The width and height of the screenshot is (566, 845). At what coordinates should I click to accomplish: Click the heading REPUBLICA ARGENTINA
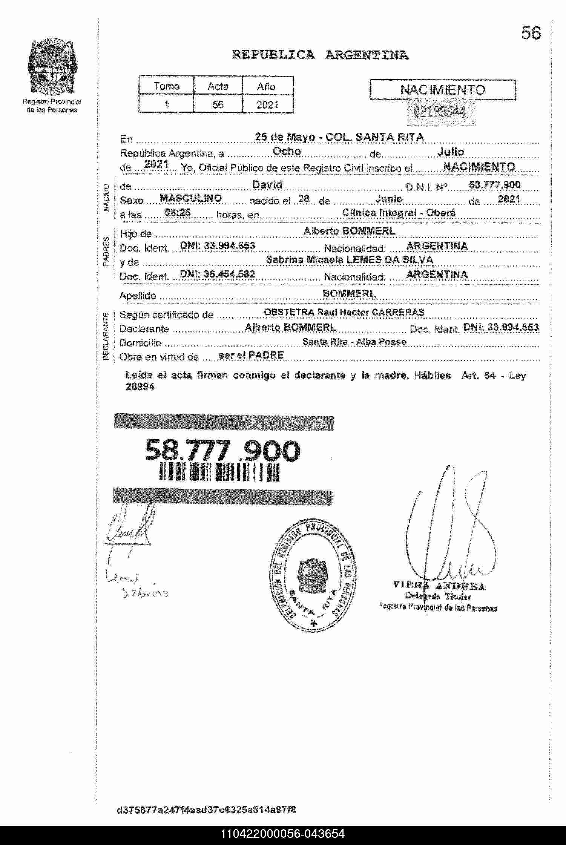click(x=320, y=55)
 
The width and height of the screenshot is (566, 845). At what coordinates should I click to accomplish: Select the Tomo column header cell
click(x=166, y=86)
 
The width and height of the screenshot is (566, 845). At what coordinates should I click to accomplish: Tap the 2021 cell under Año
click(x=267, y=104)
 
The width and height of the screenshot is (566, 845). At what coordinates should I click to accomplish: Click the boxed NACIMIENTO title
click(x=442, y=90)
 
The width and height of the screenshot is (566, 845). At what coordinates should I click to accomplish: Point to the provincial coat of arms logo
click(x=52, y=67)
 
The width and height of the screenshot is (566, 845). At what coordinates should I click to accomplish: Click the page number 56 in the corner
click(x=531, y=33)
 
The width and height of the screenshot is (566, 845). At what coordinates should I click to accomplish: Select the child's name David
click(x=267, y=185)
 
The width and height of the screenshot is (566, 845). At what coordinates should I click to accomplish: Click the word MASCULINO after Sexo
click(x=190, y=198)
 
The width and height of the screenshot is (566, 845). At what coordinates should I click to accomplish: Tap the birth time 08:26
click(x=178, y=213)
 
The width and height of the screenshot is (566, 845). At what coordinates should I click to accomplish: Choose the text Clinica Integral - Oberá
click(x=399, y=213)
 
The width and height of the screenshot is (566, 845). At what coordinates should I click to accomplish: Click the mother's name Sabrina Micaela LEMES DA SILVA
click(x=349, y=260)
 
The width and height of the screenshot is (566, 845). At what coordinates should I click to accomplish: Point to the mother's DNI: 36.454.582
click(x=218, y=274)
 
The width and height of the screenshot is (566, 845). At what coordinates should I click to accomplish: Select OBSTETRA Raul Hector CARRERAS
click(x=344, y=312)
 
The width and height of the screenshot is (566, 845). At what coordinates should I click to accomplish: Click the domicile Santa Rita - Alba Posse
click(x=354, y=342)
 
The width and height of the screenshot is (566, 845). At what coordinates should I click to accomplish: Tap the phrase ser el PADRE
click(x=251, y=355)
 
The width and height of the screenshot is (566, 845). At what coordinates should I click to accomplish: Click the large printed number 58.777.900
click(x=222, y=451)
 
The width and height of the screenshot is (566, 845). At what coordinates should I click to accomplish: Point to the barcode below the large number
click(x=219, y=472)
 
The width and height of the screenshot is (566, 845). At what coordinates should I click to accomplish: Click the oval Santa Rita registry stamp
click(x=313, y=574)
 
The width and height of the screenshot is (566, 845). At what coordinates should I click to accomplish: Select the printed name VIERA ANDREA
click(x=439, y=586)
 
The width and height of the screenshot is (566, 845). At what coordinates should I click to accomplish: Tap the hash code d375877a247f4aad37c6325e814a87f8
click(x=207, y=810)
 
